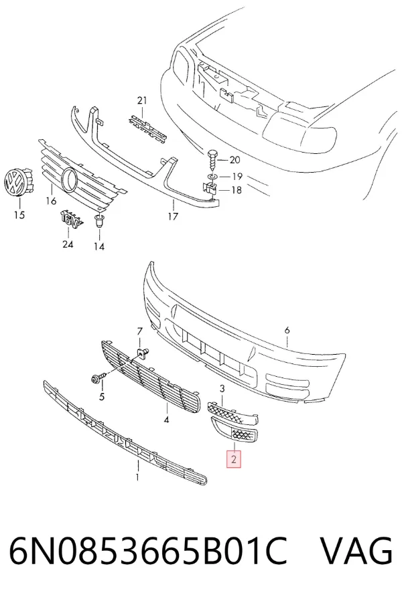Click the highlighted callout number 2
[234, 460]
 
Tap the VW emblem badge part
[17, 182]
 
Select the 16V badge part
[71, 219]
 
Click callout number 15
[19, 215]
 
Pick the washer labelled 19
[212, 177]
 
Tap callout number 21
[142, 100]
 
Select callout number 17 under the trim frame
[173, 217]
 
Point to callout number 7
[139, 331]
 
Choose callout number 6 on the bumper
[287, 330]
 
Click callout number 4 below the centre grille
[166, 420]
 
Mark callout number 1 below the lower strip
[137, 477]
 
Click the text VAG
[355, 551]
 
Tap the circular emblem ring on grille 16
[69, 179]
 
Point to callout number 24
[68, 244]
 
